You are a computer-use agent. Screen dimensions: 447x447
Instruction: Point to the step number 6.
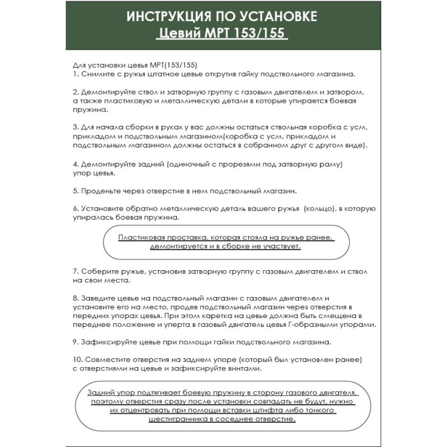point(75,209)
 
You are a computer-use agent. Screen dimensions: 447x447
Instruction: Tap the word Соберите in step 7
point(98,271)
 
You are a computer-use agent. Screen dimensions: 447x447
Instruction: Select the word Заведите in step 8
point(98,298)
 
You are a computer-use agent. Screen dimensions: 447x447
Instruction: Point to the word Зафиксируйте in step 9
point(108,342)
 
